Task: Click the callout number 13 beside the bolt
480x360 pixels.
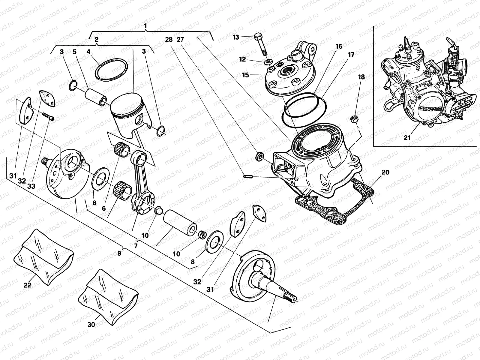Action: pos(236,37)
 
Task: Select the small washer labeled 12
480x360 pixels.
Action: pos(266,63)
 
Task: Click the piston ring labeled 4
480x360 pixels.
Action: pos(112,68)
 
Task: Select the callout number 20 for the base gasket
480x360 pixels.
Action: pos(386,172)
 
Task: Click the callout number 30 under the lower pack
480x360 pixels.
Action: pos(91,324)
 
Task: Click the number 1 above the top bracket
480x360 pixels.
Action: pos(145,26)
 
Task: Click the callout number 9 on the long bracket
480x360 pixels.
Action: pos(119,253)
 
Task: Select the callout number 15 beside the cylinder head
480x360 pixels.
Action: pos(246,75)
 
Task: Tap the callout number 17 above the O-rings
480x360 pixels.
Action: pos(351,55)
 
